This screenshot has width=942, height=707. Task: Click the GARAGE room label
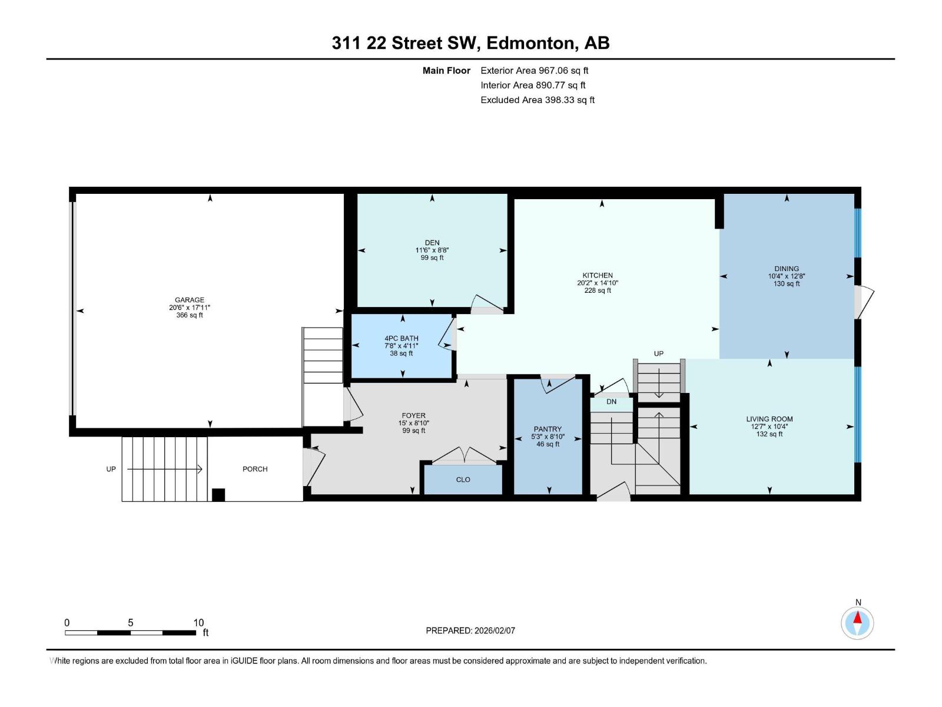pyautogui.click(x=189, y=300)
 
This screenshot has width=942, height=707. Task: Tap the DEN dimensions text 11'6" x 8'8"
pyautogui.click(x=432, y=250)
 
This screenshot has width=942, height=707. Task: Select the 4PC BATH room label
pyautogui.click(x=401, y=338)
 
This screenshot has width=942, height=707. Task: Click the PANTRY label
pyautogui.click(x=548, y=429)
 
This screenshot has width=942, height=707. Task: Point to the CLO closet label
pyautogui.click(x=463, y=480)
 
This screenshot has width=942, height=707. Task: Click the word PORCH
pyautogui.click(x=255, y=469)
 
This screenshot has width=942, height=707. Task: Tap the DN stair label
pyautogui.click(x=611, y=402)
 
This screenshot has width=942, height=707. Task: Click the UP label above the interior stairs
pyautogui.click(x=658, y=353)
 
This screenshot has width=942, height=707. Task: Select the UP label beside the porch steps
pyautogui.click(x=111, y=469)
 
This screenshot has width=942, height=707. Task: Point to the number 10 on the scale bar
pyautogui.click(x=198, y=623)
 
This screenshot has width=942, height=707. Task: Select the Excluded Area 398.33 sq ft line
pyautogui.click(x=537, y=100)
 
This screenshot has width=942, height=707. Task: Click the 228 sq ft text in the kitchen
pyautogui.click(x=598, y=290)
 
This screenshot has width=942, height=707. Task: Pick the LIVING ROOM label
pyautogui.click(x=769, y=419)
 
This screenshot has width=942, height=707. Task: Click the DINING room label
pyautogui.click(x=787, y=269)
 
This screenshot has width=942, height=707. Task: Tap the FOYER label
pyautogui.click(x=413, y=415)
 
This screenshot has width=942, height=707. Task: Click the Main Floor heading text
pyautogui.click(x=446, y=71)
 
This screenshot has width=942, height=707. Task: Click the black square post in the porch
pyautogui.click(x=218, y=495)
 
